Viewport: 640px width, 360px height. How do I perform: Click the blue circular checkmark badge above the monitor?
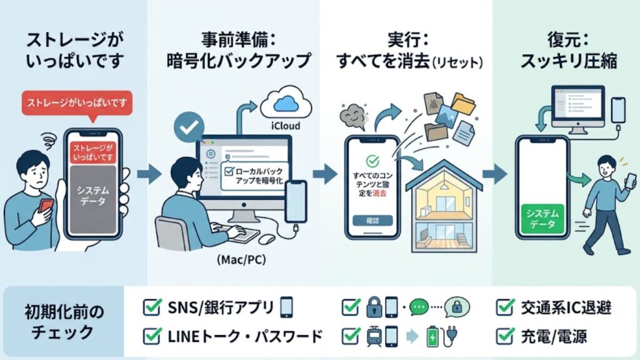click(188, 127)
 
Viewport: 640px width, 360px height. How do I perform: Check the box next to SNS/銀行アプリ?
click(152, 307)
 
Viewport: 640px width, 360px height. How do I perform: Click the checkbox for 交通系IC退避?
click(504, 307)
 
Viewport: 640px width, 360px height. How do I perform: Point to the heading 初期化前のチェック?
click(64, 321)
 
